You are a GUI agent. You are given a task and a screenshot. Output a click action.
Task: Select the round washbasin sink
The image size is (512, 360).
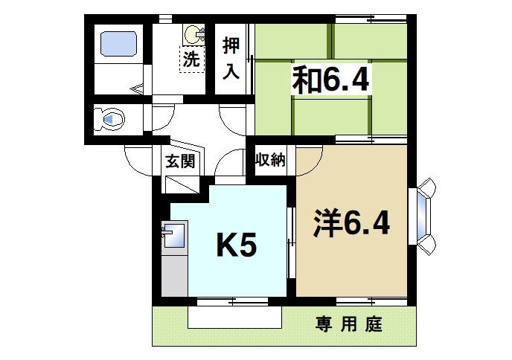[x=194, y=33]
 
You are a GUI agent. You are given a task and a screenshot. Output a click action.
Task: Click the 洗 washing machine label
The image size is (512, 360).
[x=191, y=60]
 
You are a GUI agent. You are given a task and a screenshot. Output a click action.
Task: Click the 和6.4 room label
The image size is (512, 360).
[x=330, y=79]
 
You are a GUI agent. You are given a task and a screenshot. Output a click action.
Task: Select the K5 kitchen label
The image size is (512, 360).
[x=236, y=245]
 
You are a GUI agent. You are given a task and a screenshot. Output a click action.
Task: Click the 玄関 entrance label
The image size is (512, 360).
[x=180, y=160]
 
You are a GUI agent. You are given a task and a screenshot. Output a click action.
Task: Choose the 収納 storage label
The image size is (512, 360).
[x=271, y=160]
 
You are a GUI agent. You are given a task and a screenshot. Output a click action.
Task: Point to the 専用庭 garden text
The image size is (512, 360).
[x=348, y=325]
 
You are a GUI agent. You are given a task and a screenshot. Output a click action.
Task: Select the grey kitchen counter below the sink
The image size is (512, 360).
[x=174, y=274]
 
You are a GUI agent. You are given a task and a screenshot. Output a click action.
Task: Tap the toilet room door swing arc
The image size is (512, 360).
[x=163, y=120]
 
